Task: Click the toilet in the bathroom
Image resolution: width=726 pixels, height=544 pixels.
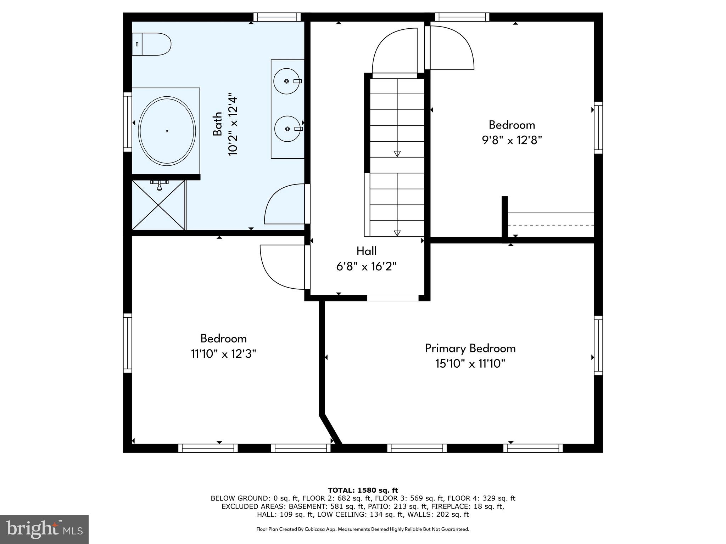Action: point(152,44)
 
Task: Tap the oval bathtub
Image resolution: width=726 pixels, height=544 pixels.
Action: point(167,131)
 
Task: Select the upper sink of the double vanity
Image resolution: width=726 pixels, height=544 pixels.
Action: point(287,81)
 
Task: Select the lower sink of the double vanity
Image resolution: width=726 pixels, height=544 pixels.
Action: point(287,129)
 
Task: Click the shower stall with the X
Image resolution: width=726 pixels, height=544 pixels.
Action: point(158,205)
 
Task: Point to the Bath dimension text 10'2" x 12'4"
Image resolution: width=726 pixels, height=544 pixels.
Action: point(233,124)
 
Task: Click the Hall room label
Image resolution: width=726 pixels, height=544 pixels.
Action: point(366,251)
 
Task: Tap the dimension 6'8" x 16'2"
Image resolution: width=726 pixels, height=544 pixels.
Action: point(366,267)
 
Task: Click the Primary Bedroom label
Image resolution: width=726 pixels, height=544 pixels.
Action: point(470,348)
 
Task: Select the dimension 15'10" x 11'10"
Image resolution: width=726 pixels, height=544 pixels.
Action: point(470,364)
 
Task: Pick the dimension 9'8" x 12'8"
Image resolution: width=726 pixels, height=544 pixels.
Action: point(512,141)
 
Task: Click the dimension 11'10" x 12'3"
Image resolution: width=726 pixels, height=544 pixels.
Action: point(223,354)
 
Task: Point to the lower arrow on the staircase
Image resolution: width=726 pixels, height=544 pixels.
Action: point(397,233)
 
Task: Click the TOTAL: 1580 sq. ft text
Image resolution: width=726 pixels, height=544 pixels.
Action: point(363,491)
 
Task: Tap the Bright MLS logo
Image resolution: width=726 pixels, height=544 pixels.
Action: point(44,529)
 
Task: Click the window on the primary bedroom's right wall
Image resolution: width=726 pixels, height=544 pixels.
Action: point(598,345)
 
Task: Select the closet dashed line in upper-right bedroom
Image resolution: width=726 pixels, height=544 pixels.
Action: point(551,225)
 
